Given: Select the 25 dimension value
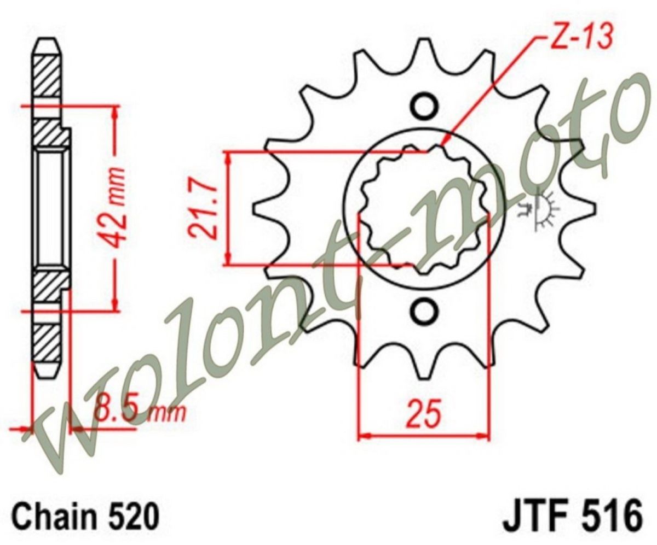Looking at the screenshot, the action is tap(424, 414).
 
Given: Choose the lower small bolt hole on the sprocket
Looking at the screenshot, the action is tap(424, 310).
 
